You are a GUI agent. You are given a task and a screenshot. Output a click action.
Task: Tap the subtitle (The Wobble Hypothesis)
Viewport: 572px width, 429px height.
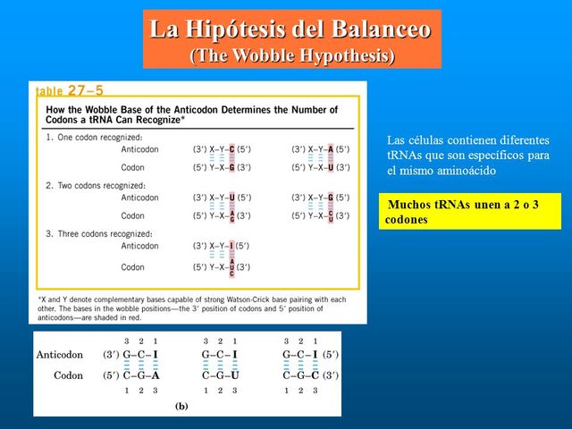pyautogui.click(x=292, y=55)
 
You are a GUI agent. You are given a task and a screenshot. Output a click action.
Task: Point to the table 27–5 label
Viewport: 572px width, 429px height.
pyautogui.click(x=70, y=90)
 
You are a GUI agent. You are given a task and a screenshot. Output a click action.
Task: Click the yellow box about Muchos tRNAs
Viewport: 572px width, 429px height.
pyautogui.click(x=469, y=212)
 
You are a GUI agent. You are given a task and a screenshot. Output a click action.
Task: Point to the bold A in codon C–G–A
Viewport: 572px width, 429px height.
pyautogui.click(x=156, y=375)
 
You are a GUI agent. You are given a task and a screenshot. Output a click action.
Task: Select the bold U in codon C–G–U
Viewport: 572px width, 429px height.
pyautogui.click(x=235, y=375)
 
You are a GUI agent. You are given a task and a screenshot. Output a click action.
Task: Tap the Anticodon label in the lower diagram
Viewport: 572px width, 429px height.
pyautogui.click(x=60, y=355)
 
